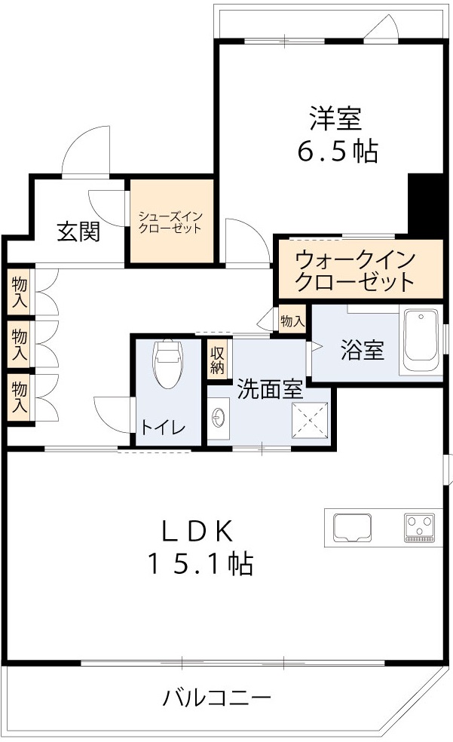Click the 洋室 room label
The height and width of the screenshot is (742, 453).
[x=335, y=118]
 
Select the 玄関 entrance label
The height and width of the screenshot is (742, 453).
[x=78, y=231]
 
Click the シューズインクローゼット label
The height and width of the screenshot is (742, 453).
[x=170, y=222]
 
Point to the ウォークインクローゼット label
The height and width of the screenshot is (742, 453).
[x=355, y=271]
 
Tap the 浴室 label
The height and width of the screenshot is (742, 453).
[x=362, y=350]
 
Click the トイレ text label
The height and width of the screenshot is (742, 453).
[x=161, y=428]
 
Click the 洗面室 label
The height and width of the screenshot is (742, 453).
[x=270, y=389]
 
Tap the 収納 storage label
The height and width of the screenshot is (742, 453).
[x=218, y=360]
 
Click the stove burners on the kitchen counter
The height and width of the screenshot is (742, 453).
[x=418, y=526]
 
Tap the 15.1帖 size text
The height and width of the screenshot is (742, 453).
[x=199, y=564]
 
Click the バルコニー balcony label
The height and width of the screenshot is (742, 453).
[x=217, y=698]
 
